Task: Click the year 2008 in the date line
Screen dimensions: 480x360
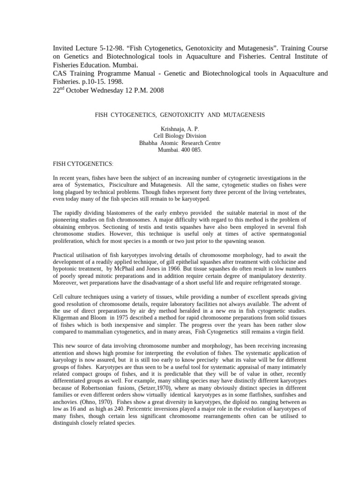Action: (x=156, y=90)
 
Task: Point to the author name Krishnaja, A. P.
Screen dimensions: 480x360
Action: (x=180, y=128)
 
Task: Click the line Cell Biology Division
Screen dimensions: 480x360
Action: (x=180, y=135)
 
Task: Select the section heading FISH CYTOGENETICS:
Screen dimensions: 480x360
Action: (x=82, y=165)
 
